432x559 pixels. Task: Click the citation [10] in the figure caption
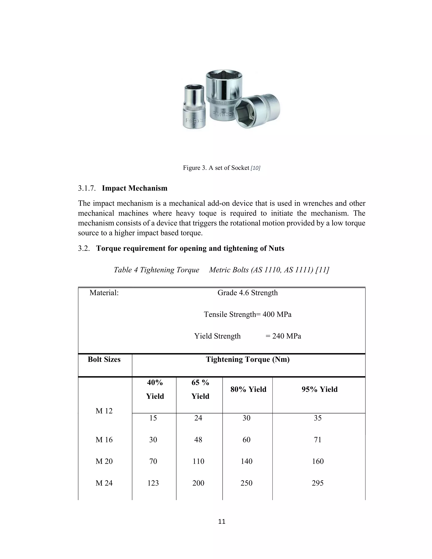(x=255, y=168)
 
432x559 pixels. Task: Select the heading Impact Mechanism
(x=135, y=188)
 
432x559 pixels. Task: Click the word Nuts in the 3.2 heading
(x=276, y=248)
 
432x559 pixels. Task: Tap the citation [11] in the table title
(x=322, y=270)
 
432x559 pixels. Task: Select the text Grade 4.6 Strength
(x=247, y=293)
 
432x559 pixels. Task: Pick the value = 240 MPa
(x=283, y=336)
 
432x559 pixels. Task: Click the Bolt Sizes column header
(x=104, y=359)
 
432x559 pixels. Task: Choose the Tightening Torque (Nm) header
(x=248, y=359)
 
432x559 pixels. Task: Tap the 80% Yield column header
(x=248, y=389)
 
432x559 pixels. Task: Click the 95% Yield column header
(x=319, y=389)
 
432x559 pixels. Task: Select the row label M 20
(x=104, y=461)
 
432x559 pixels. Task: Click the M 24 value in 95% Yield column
(x=318, y=483)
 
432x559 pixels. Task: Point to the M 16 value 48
(x=198, y=440)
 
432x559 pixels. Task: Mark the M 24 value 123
(x=153, y=483)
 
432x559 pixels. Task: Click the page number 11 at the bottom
(x=222, y=522)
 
